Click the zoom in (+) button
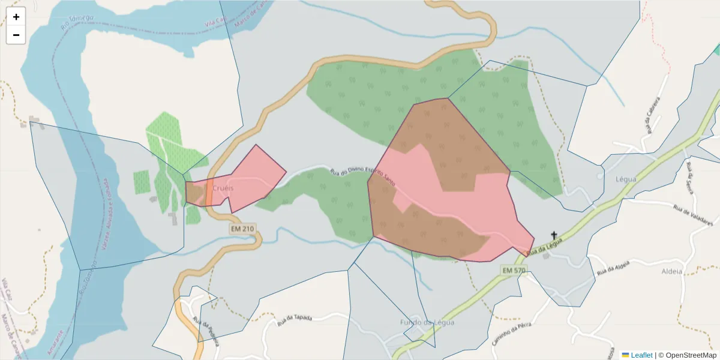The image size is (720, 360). click(x=16, y=17)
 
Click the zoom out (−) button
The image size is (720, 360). click(x=16, y=35)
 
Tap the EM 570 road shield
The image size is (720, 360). click(x=514, y=271)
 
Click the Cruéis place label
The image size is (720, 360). click(x=223, y=188)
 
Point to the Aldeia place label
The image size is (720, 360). click(x=671, y=271)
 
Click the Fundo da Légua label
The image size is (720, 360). click(x=427, y=322)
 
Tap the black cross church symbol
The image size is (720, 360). click(x=554, y=236)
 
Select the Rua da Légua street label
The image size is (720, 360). click(x=545, y=247)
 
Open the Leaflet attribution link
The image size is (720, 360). click(x=641, y=355)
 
